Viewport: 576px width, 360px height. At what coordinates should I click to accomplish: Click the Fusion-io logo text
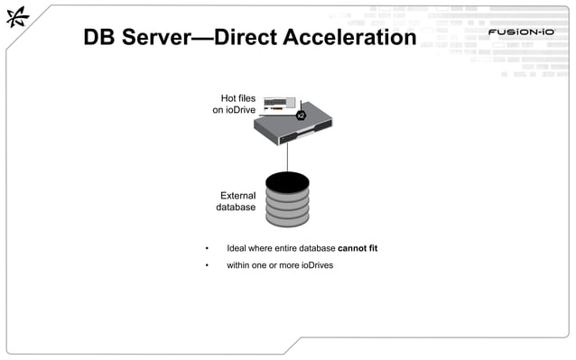521,33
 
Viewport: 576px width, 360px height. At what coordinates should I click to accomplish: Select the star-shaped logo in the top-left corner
18,22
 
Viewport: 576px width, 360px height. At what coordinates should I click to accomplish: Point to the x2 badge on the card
302,115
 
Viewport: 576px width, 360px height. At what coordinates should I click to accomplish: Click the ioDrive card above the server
280,105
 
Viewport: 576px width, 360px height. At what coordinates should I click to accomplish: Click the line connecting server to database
287,159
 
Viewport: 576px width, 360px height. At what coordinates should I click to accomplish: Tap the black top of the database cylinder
287,182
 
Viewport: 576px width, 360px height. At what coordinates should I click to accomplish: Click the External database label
237,201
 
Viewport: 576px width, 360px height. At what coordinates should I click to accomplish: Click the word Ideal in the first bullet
237,247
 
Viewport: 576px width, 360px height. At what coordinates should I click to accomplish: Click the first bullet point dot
207,248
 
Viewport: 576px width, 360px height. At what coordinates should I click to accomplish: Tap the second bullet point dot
207,266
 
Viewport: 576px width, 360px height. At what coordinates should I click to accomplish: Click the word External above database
238,195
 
